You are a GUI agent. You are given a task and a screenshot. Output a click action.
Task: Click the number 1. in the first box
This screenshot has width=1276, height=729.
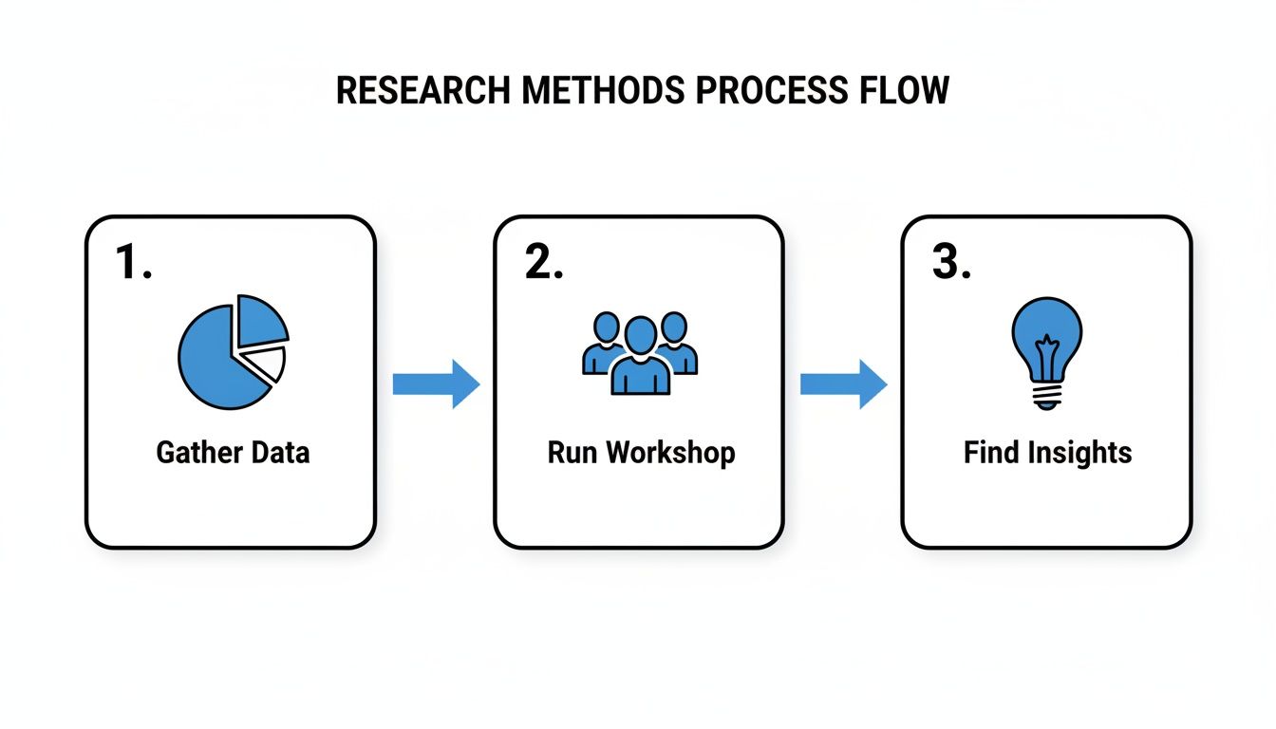[134, 262]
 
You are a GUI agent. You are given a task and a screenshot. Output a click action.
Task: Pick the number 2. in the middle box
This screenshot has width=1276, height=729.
[544, 262]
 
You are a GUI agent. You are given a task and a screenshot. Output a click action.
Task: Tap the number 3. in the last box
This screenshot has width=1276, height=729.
[951, 262]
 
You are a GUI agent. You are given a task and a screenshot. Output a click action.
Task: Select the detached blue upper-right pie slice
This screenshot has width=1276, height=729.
[258, 320]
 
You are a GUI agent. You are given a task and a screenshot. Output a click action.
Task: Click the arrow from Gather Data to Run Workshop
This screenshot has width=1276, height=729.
[436, 383]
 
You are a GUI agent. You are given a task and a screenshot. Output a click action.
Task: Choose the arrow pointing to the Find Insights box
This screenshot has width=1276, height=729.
[843, 383]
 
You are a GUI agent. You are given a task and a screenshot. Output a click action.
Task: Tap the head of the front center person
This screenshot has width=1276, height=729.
[641, 335]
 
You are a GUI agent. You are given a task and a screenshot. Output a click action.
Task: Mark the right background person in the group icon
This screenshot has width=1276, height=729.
[676, 342]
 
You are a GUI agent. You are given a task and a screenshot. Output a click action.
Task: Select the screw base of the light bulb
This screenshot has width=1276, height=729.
[1045, 394]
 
